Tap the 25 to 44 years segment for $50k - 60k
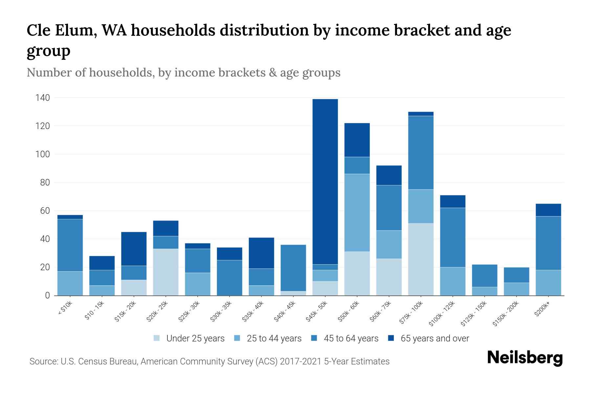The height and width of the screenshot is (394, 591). (357, 212)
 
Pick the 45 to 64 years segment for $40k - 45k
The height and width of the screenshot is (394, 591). (293, 268)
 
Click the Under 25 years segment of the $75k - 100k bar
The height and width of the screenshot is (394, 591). (421, 259)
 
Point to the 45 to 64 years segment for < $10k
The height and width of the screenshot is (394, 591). (70, 245)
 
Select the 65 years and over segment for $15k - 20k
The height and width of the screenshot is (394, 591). (134, 249)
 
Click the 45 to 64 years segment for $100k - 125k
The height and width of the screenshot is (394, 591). (452, 237)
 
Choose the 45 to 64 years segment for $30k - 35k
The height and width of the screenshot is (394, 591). (230, 277)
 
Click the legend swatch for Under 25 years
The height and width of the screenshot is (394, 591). (157, 338)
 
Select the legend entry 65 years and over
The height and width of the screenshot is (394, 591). (434, 338)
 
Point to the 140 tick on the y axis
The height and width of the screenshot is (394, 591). (43, 98)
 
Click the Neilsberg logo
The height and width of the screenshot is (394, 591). (525, 358)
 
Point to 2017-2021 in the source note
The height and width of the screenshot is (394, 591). (300, 361)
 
